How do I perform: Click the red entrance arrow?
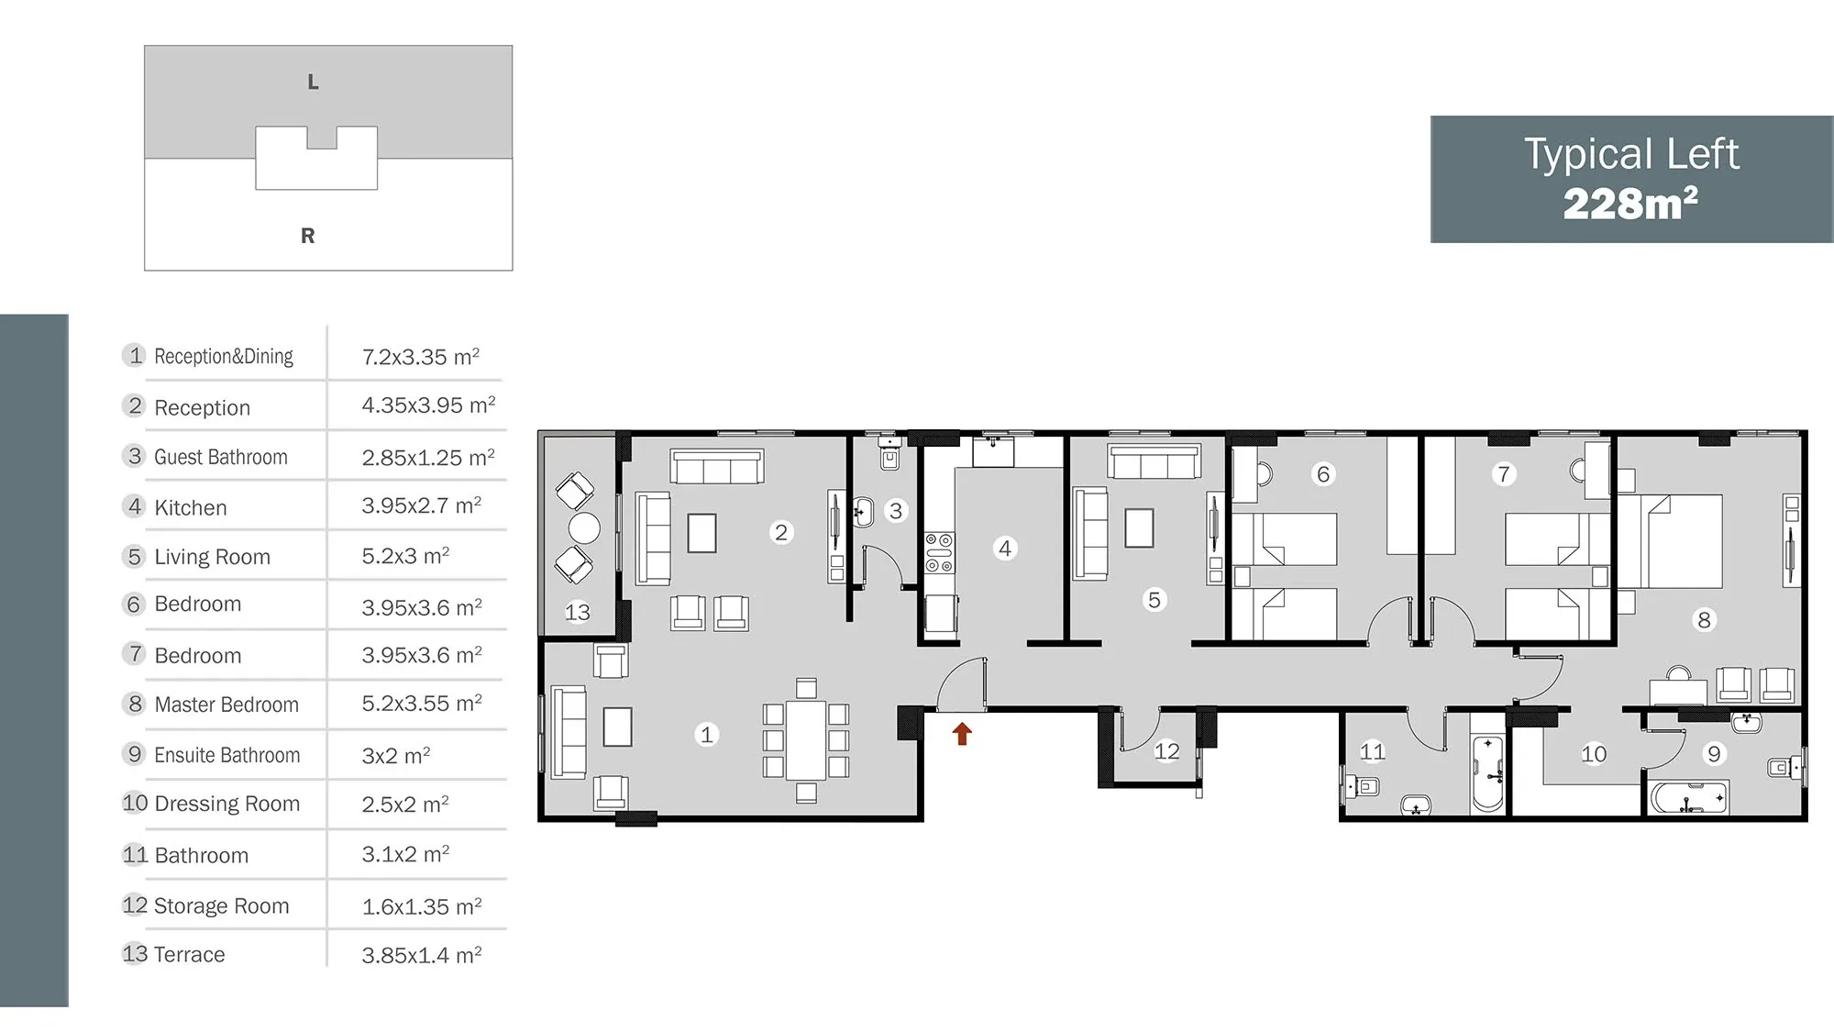tap(962, 734)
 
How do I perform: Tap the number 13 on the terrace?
tap(577, 612)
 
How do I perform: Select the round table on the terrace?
tap(584, 528)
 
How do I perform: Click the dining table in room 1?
tap(806, 739)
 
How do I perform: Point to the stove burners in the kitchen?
tap(939, 553)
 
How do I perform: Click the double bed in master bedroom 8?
tap(1670, 541)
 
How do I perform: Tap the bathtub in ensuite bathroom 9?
tap(1689, 798)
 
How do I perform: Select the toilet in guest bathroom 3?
tap(889, 452)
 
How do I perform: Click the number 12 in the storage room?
tap(1166, 751)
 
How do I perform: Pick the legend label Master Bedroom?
tap(226, 705)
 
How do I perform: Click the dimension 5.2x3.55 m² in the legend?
tap(422, 704)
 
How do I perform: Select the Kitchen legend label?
tap(190, 507)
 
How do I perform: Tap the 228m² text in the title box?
tap(1630, 204)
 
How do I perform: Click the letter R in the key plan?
tap(308, 236)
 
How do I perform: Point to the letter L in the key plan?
tap(313, 82)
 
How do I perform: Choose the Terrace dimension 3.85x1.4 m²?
tap(422, 955)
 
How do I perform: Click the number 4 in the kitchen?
tap(1005, 549)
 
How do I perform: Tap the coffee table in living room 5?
tap(1139, 527)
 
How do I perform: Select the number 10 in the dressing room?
tap(1594, 754)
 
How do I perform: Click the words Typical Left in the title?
tap(1631, 154)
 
